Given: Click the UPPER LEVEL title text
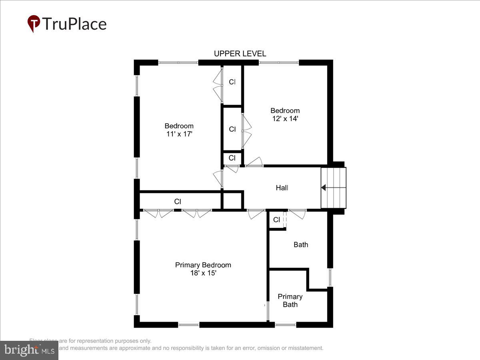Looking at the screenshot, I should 240,54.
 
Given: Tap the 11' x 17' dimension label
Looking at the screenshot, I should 180,134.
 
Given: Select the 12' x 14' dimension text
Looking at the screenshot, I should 284,119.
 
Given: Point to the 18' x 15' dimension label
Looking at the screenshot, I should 203,273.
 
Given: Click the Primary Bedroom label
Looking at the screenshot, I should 203,265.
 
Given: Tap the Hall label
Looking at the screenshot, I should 282,188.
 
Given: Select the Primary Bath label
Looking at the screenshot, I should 290,300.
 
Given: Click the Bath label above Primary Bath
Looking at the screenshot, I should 301,244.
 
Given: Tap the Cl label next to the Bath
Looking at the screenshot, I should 276,220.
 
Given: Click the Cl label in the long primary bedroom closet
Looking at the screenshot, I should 178,202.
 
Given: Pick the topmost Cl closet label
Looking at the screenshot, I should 232,82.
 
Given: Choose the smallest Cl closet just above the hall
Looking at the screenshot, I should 232,158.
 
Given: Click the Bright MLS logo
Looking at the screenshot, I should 29,350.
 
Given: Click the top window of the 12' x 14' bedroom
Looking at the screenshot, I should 279,62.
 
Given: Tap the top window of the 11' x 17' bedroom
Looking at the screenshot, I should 178,62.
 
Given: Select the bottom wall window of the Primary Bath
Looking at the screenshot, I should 286,325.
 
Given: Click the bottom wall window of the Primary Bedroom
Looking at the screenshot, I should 188,325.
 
